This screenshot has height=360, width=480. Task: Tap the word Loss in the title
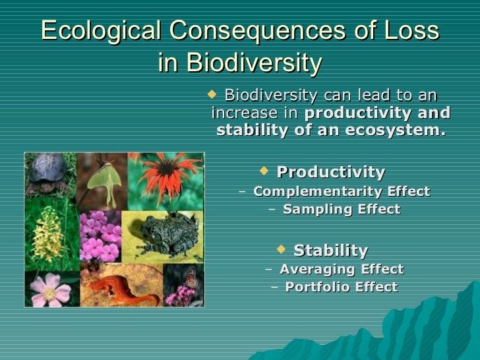pyautogui.click(x=411, y=31)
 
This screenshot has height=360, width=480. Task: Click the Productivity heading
pyautogui.click(x=330, y=173)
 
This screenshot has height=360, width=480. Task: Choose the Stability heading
pyautogui.click(x=330, y=251)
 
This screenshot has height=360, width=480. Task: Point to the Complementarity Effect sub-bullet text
pyautogui.click(x=341, y=192)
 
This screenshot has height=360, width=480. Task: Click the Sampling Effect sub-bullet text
pyautogui.click(x=341, y=210)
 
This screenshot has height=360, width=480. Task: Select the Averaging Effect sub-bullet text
pyautogui.click(x=341, y=269)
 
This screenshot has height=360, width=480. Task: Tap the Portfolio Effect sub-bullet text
pyautogui.click(x=341, y=287)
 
